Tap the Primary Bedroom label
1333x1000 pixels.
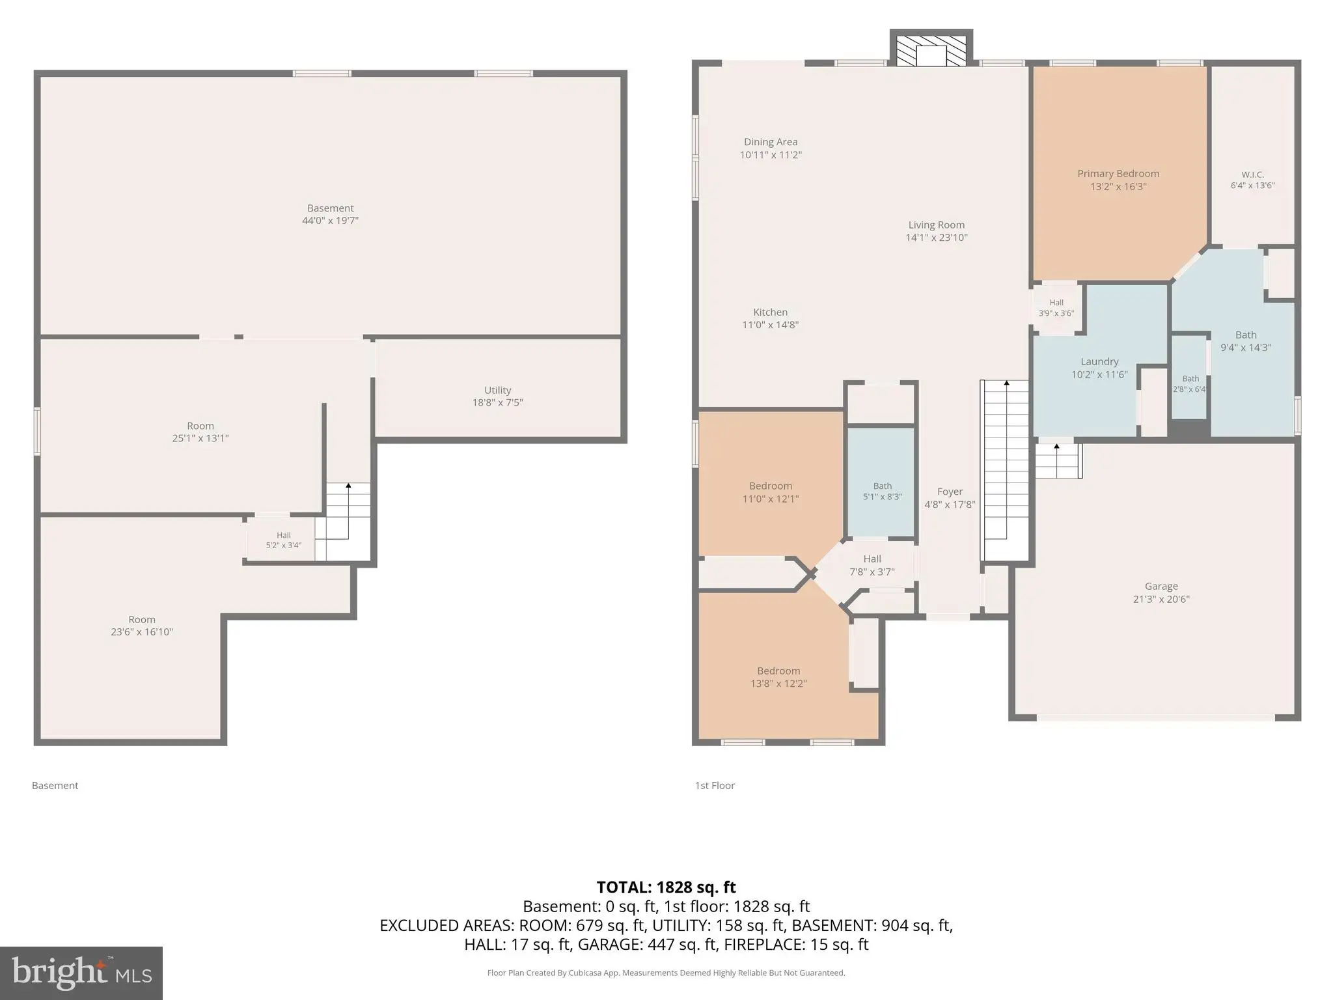pyautogui.click(x=1118, y=174)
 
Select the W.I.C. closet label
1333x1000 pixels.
pyautogui.click(x=1252, y=174)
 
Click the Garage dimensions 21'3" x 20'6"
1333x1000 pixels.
pyautogui.click(x=1161, y=599)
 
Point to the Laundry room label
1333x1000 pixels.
pyautogui.click(x=1099, y=361)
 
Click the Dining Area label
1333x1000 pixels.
pyautogui.click(x=771, y=142)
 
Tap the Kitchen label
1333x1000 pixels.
pyautogui.click(x=771, y=312)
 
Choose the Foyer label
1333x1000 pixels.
pyautogui.click(x=950, y=492)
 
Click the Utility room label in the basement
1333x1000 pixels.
pyautogui.click(x=497, y=390)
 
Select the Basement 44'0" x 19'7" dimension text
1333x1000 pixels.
pyautogui.click(x=330, y=221)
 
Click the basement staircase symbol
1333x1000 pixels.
pyautogui.click(x=348, y=521)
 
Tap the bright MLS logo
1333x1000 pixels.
pyautogui.click(x=81, y=973)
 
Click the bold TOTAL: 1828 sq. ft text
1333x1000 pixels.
pyautogui.click(x=666, y=887)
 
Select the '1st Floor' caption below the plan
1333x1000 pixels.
pyautogui.click(x=715, y=786)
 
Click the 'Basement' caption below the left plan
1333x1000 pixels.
pyautogui.click(x=55, y=786)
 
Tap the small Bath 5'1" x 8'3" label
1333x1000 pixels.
pyautogui.click(x=882, y=492)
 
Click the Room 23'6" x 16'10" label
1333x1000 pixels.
pyautogui.click(x=142, y=626)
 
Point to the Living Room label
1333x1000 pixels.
pyautogui.click(x=937, y=225)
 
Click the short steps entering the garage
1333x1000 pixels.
pyautogui.click(x=1058, y=461)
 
